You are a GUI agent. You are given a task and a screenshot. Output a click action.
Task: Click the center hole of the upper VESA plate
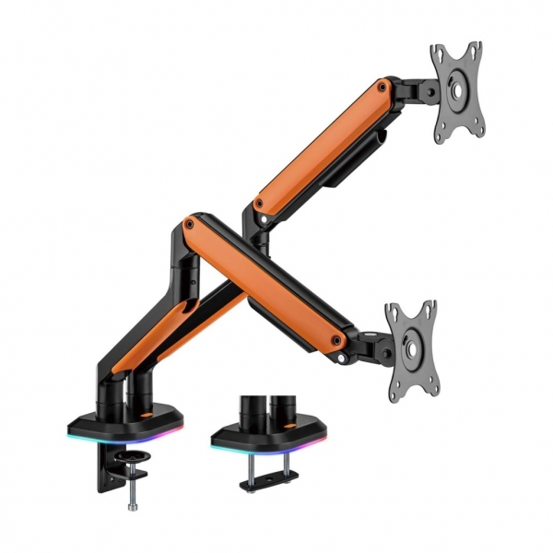coord(458,89)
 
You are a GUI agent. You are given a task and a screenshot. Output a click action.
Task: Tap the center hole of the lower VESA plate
coord(410,348)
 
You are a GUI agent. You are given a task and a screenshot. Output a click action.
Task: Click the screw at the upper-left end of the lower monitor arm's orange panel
coord(189,223)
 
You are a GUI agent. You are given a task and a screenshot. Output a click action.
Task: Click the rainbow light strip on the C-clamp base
coord(124,434)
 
